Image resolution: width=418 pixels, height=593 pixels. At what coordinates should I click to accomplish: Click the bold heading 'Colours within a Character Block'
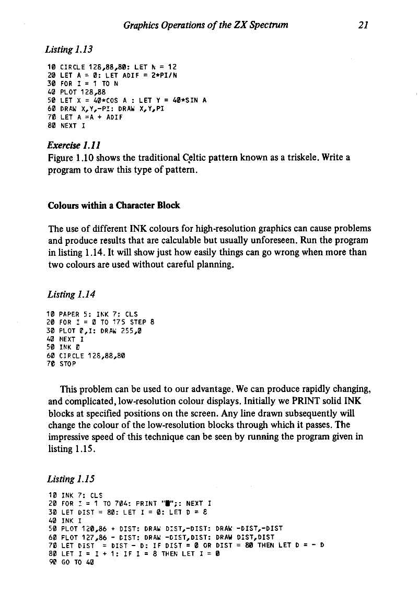pos(114,205)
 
